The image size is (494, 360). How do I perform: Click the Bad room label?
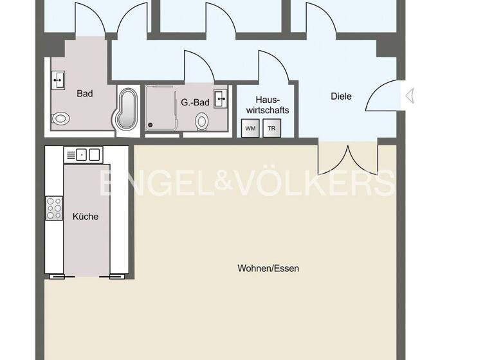[x=85, y=94]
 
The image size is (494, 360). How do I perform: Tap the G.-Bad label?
[x=194, y=102]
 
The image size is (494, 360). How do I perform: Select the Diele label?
[x=341, y=96]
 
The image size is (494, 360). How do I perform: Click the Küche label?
[x=86, y=217]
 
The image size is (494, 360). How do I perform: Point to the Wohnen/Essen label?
[x=268, y=268]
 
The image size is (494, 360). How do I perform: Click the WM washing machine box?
[x=250, y=128]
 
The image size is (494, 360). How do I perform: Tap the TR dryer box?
[x=271, y=128]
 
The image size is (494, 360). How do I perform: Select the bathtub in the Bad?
[x=126, y=109]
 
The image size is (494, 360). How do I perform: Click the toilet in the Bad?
[x=62, y=118]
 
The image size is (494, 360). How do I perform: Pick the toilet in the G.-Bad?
[x=202, y=121]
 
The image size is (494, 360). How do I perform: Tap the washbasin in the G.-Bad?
[x=222, y=98]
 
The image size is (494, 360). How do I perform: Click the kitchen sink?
[x=84, y=154]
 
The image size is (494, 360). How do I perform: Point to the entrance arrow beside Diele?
[x=409, y=96]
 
